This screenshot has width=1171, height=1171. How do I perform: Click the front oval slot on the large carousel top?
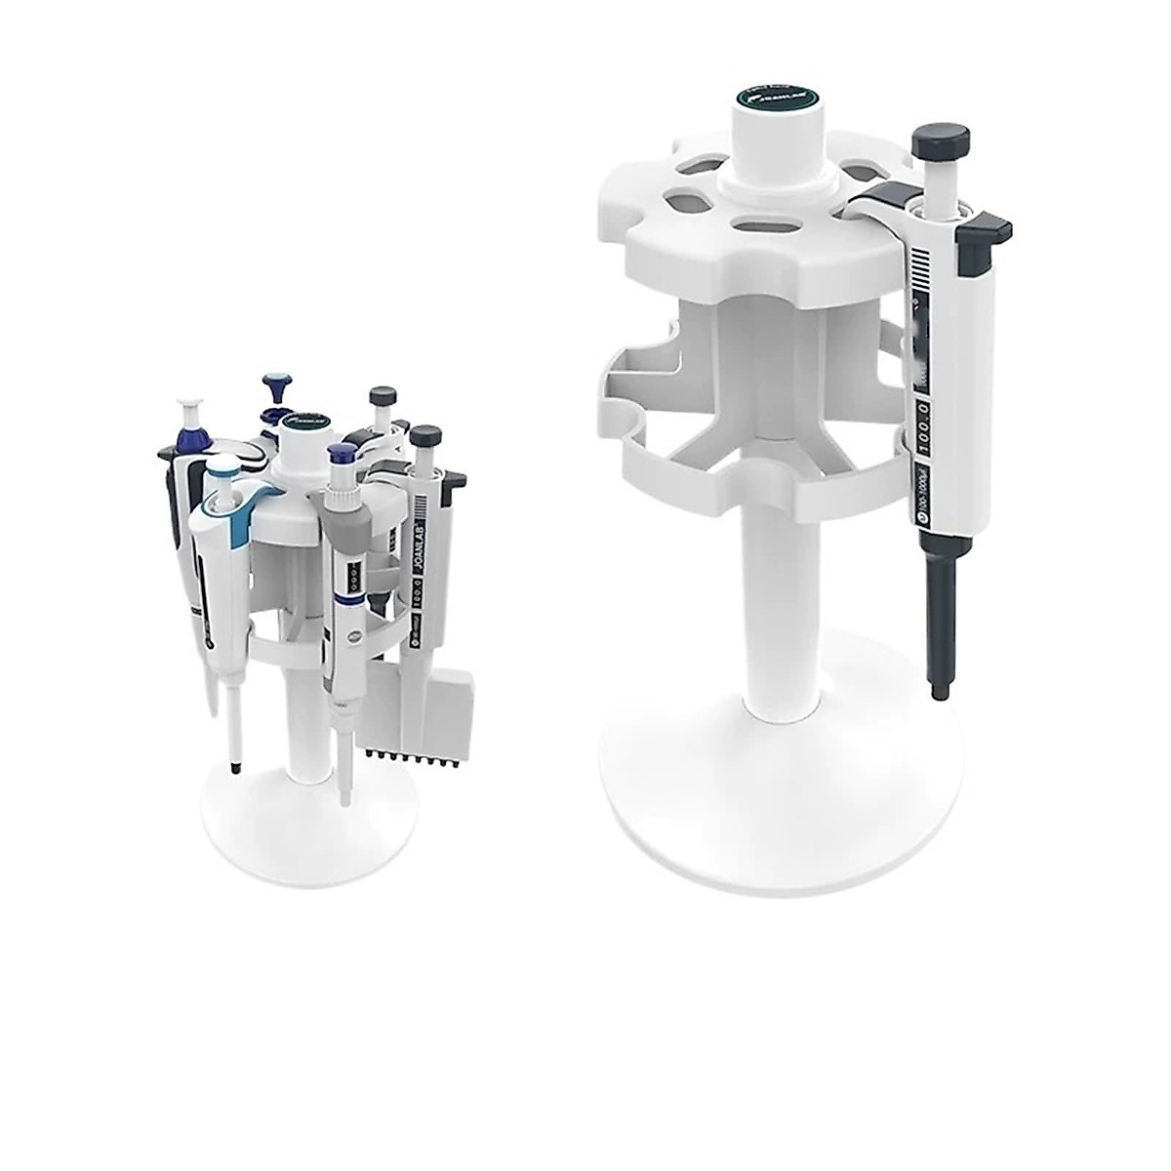pyautogui.click(x=764, y=223)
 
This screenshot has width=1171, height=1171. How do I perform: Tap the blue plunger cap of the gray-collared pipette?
pyautogui.click(x=342, y=455)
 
